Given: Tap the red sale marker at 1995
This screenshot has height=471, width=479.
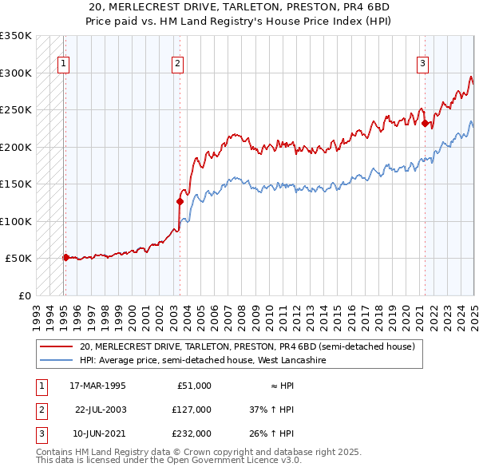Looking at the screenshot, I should pos(65,257).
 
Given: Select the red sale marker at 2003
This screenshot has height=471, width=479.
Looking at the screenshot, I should pos(180,201).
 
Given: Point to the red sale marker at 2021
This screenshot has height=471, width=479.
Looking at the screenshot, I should pos(425,123).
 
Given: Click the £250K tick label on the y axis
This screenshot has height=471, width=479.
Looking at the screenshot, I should pos(16,110).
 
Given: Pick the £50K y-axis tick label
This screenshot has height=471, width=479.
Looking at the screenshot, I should pos(18,259).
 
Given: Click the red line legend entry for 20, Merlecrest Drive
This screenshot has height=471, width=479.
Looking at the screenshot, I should pos(247,347).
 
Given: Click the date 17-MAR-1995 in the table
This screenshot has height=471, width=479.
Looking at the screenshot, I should pos(98,386).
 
